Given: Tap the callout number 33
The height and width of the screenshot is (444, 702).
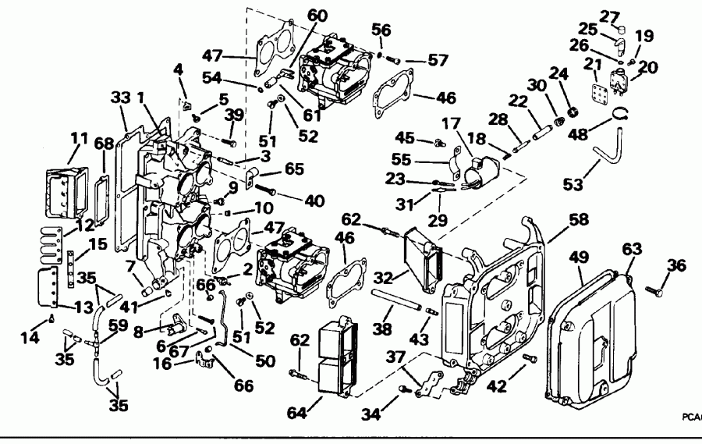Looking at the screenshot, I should [x=119, y=98].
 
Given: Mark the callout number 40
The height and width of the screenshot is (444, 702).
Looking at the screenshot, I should [x=314, y=201].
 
